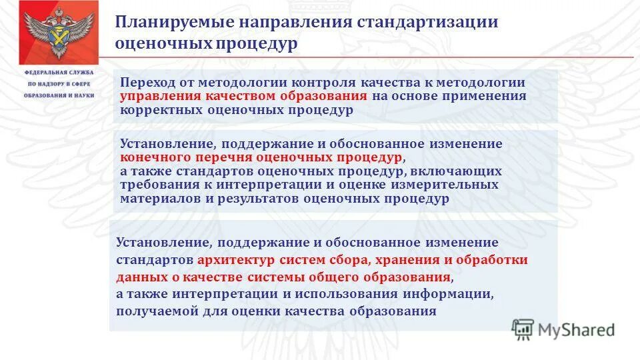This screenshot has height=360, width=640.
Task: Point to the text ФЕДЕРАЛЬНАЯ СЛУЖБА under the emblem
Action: [x=59, y=72]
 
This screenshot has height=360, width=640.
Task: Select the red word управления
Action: [x=156, y=96]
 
